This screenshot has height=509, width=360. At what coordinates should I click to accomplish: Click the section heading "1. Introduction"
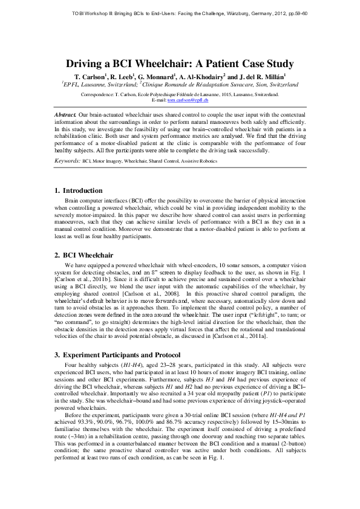[x=79, y=191]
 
